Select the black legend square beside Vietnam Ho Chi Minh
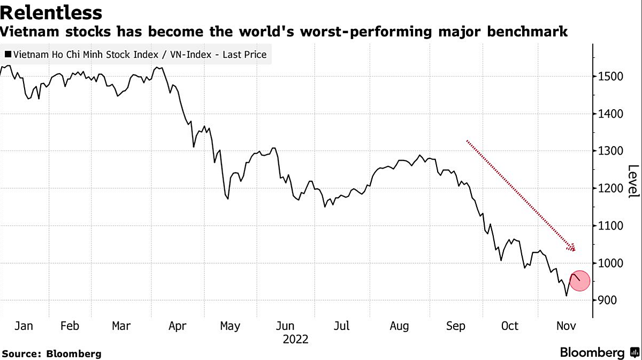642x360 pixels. [x=7, y=55]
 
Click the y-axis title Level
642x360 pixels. [x=633, y=181]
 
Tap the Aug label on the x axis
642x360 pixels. [x=399, y=326]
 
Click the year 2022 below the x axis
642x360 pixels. [x=295, y=339]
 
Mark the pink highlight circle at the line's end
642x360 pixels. [x=579, y=281]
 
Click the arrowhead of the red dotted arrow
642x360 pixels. [x=571, y=248]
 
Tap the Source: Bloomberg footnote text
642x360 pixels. [x=52, y=354]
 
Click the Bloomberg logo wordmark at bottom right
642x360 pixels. [x=592, y=353]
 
